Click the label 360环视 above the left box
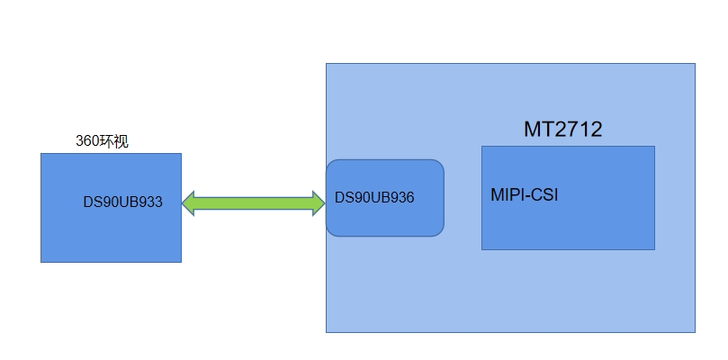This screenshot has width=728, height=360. pyautogui.click(x=102, y=141)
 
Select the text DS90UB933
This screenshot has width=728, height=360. pyautogui.click(x=123, y=202)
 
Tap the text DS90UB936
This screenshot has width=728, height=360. pyautogui.click(x=374, y=197)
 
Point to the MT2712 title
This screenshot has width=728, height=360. pyautogui.click(x=562, y=130)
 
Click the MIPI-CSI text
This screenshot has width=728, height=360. pyautogui.click(x=525, y=194)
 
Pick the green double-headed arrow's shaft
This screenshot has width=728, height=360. pyautogui.click(x=253, y=202)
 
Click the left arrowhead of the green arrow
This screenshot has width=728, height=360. pyautogui.click(x=189, y=202)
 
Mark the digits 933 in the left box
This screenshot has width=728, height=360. pyautogui.click(x=150, y=202)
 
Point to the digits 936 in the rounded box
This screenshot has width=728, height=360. pyautogui.click(x=402, y=197)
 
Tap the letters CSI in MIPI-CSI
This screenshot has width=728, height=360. pyautogui.click(x=544, y=194)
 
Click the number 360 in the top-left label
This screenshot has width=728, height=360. pyautogui.click(x=86, y=141)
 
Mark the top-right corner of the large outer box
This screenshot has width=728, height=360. pyautogui.click(x=695, y=64)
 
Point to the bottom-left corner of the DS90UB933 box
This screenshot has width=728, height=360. pyautogui.click(x=41, y=262)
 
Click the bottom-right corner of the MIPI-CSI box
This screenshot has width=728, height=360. pyautogui.click(x=654, y=249)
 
